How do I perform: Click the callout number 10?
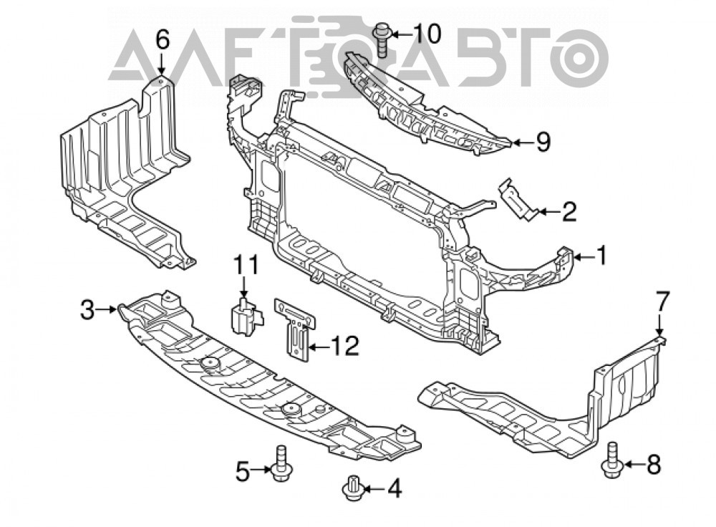(x=427, y=34)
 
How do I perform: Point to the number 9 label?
(x=543, y=142)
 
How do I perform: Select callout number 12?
(x=344, y=346)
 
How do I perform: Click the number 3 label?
(x=87, y=309)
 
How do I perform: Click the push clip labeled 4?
(x=352, y=488)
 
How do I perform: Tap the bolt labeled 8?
(x=611, y=461)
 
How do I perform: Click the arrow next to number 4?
(x=372, y=490)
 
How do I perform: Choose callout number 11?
(x=246, y=265)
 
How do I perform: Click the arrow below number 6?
(x=162, y=64)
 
